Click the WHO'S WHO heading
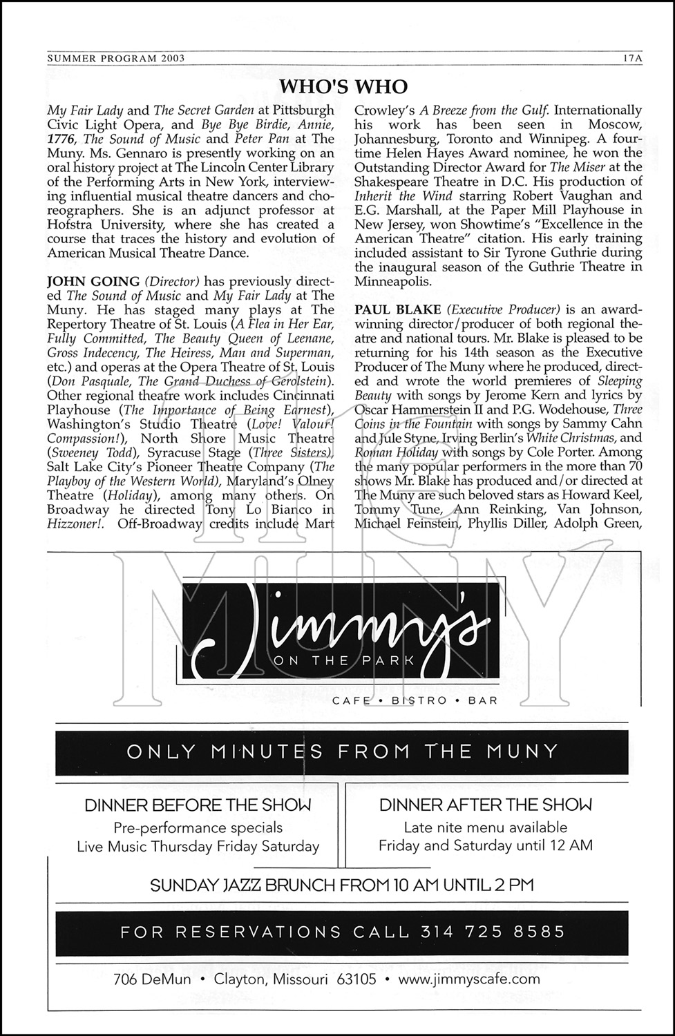point(343,87)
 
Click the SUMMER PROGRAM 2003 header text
point(116,59)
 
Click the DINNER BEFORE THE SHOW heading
point(198,805)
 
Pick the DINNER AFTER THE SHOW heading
point(486,805)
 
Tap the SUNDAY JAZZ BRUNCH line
point(342,885)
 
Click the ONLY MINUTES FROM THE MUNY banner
point(342,751)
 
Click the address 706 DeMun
point(152,979)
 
